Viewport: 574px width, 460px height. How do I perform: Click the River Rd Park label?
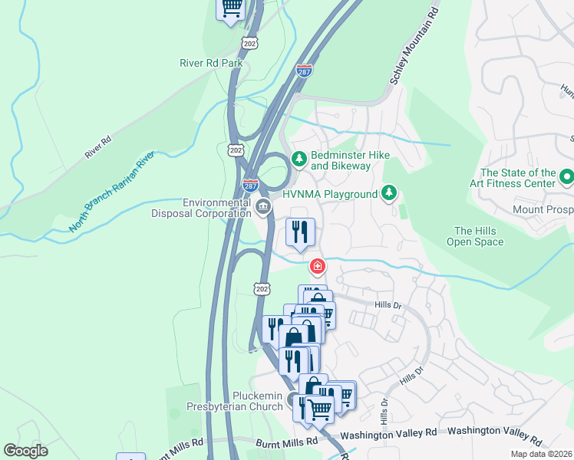tap(211, 63)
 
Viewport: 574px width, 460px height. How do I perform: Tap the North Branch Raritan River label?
tap(112, 192)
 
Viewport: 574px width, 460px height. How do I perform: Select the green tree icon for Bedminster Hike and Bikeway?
tap(299, 159)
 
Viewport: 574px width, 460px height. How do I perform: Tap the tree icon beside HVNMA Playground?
tap(390, 194)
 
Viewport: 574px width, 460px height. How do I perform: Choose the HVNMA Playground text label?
tap(330, 195)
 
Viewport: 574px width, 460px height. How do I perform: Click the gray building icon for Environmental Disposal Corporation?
tap(263, 207)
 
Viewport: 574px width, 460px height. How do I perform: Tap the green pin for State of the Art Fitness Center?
tap(567, 178)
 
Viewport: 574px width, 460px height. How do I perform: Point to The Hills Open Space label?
tap(475, 236)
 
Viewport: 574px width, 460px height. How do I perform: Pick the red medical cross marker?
tap(316, 267)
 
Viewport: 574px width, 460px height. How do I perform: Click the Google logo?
tap(25, 451)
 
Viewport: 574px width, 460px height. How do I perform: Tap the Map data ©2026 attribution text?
tap(541, 454)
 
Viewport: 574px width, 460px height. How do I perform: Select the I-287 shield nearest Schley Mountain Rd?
tap(305, 71)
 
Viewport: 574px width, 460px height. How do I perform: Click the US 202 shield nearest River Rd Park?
tap(249, 42)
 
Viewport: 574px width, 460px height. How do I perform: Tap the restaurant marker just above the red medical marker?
tap(299, 231)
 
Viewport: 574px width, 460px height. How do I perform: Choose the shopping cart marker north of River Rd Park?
tap(233, 8)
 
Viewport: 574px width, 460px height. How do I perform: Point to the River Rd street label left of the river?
tap(98, 146)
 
